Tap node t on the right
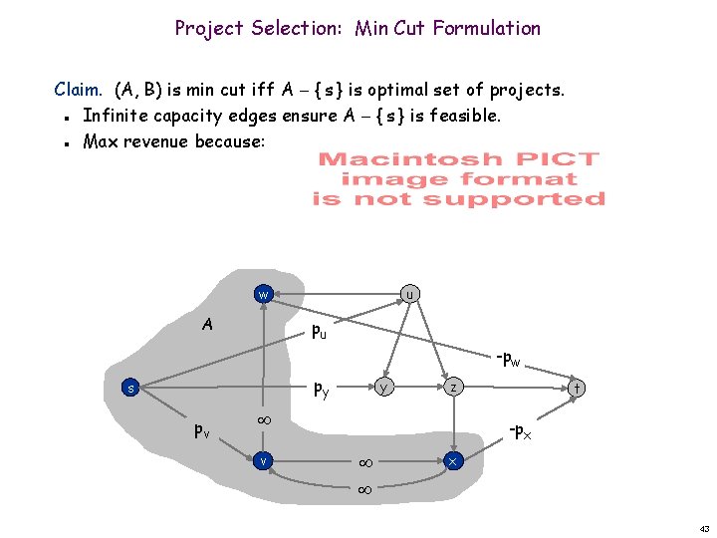576,388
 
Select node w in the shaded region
263,294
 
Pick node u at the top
409,294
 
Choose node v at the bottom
263,460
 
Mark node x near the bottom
453,461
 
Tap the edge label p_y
322,389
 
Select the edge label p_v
200,431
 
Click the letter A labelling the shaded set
206,323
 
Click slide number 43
703,527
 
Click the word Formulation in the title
486,28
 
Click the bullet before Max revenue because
63,142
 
